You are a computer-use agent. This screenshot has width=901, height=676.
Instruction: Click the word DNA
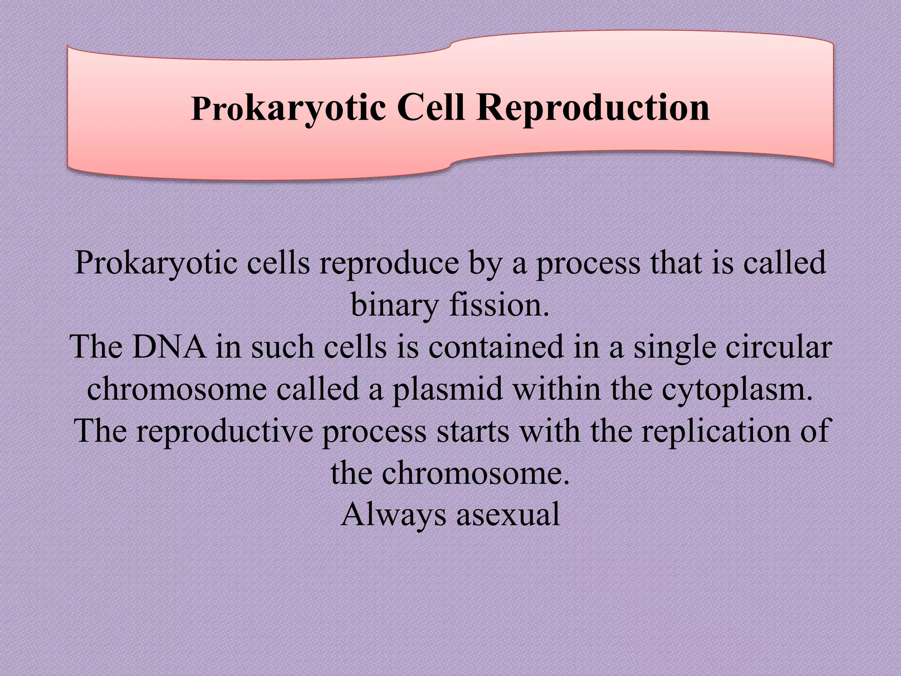[169, 347]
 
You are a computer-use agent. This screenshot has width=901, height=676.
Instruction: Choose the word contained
[496, 347]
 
